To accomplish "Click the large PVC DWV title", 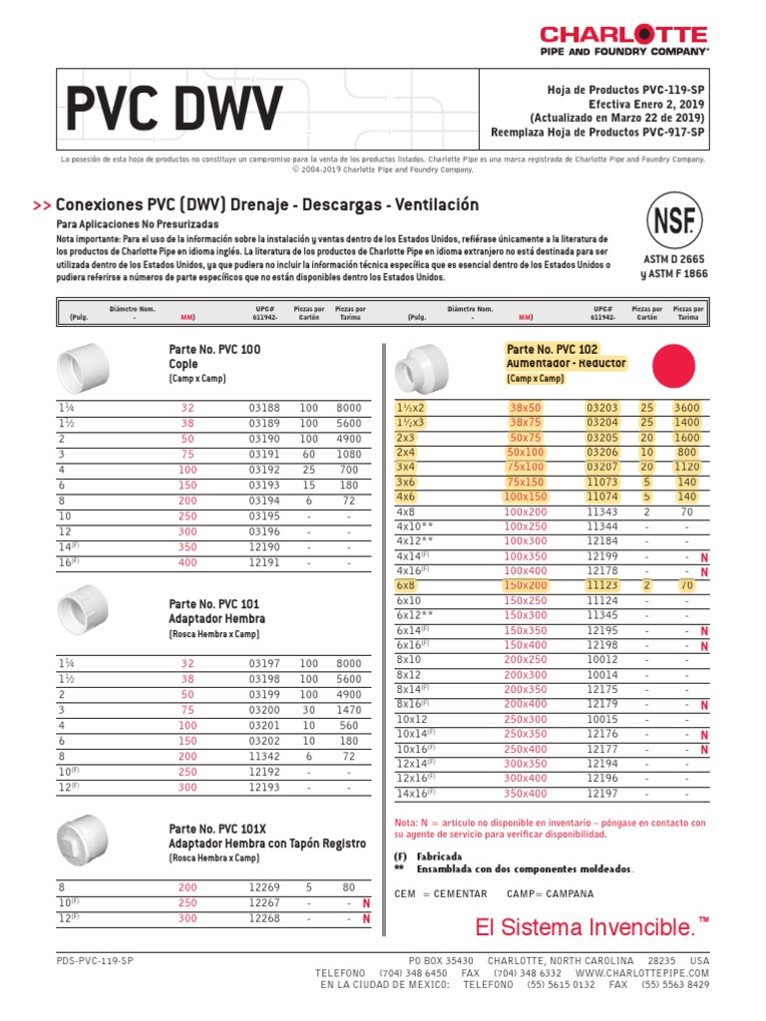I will pos(175,107).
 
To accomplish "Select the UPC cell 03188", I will pos(264,408).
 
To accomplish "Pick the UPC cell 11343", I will pos(602,511).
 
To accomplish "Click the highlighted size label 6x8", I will pos(406,585).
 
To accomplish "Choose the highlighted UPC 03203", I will pos(602,408).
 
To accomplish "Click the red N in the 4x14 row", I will pos(704,556).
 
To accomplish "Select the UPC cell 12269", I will pos(264,886).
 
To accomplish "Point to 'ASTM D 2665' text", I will pos(675,258).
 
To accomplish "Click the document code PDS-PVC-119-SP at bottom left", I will pos(96,959).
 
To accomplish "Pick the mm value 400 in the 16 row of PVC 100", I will pos(188,562).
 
